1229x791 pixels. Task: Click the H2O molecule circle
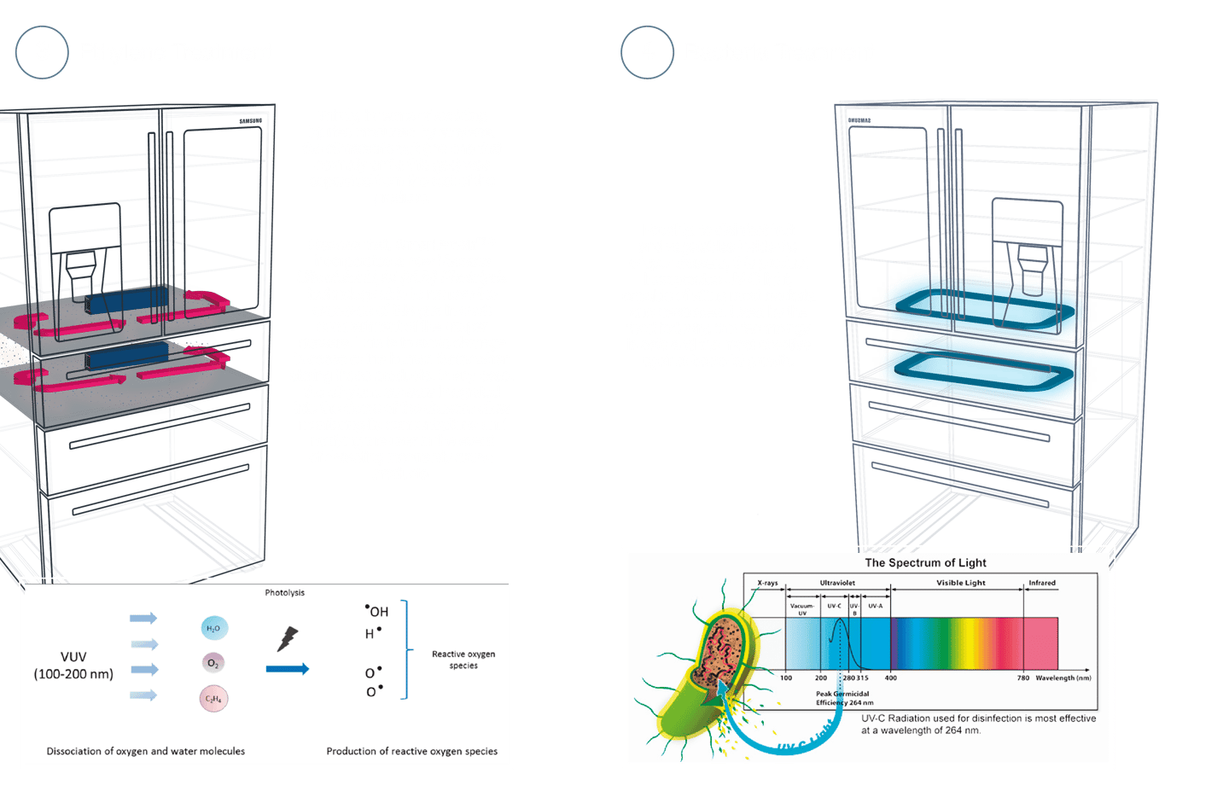tap(213, 629)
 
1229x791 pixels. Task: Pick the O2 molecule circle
tap(213, 663)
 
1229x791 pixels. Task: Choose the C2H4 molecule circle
tap(213, 699)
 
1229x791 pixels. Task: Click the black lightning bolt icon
tap(288, 638)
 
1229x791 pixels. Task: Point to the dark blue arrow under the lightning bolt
tap(287, 669)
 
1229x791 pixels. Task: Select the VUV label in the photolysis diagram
tap(73, 657)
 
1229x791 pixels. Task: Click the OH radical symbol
tap(376, 611)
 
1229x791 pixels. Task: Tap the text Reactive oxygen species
tap(463, 660)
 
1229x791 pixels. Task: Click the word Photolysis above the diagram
tap(284, 592)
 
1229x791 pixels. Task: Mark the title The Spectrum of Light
tap(925, 563)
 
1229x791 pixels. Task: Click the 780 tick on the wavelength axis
tap(1022, 678)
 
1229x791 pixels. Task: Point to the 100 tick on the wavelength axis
tap(786, 678)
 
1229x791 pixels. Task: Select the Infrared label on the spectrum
tap(1041, 583)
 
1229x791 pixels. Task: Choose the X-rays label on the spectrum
tap(767, 583)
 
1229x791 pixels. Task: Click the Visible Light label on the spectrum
tap(960, 583)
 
